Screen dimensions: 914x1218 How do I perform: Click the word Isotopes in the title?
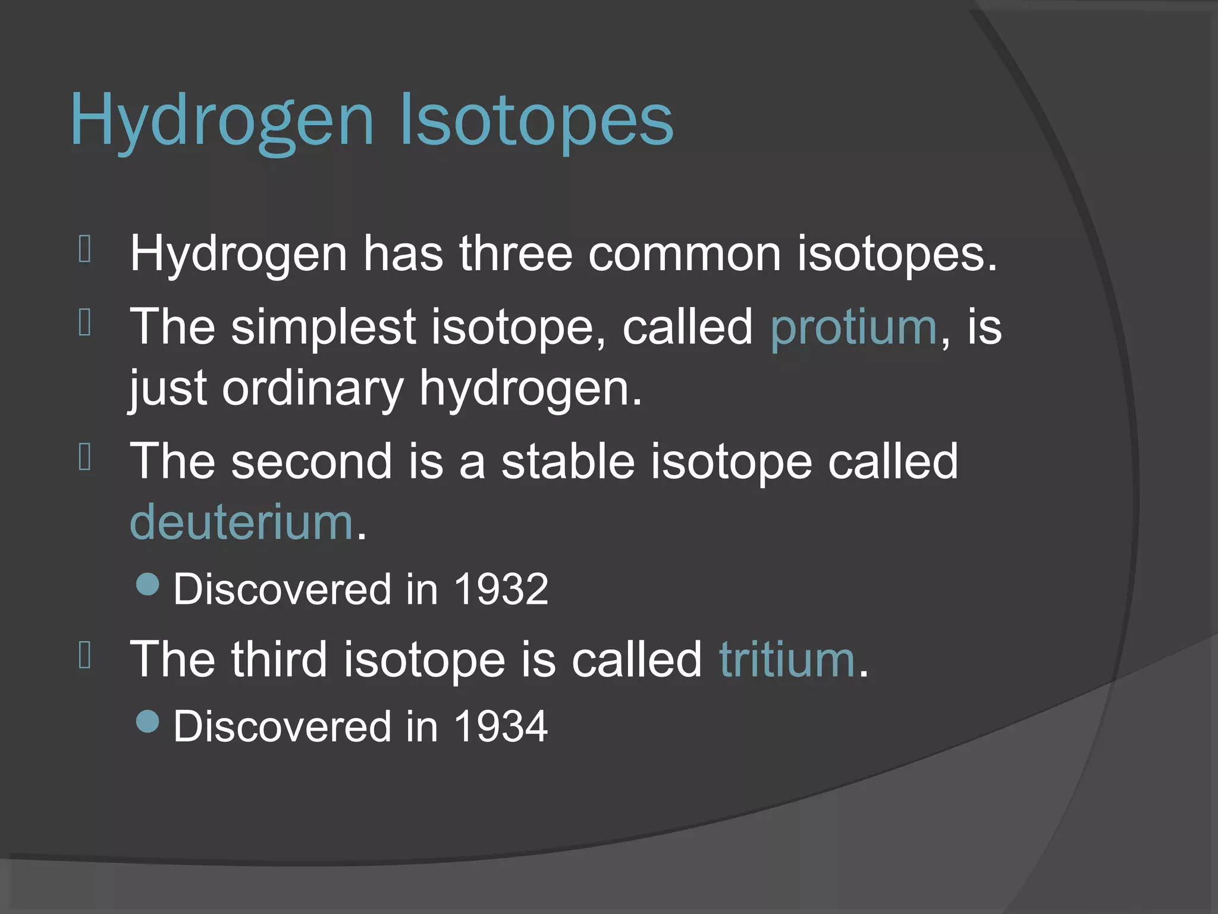(x=537, y=120)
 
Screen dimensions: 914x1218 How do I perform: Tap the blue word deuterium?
(x=241, y=522)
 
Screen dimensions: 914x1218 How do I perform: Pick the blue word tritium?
(x=787, y=659)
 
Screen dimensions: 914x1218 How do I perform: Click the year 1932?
(x=501, y=589)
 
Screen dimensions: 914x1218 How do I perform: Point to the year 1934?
(x=501, y=726)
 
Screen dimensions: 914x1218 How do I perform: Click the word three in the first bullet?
(x=515, y=253)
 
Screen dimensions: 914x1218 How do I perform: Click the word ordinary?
(x=312, y=389)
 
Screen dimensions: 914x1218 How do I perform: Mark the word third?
(x=279, y=659)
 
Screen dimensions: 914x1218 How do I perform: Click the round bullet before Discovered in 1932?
(x=147, y=584)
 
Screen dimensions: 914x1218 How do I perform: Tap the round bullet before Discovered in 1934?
(x=147, y=721)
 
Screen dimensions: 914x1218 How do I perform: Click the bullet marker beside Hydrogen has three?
(x=84, y=250)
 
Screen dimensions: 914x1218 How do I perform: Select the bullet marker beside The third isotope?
(x=84, y=656)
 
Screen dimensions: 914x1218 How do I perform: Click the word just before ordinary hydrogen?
(x=168, y=389)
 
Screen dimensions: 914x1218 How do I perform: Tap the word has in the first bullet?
(x=403, y=253)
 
